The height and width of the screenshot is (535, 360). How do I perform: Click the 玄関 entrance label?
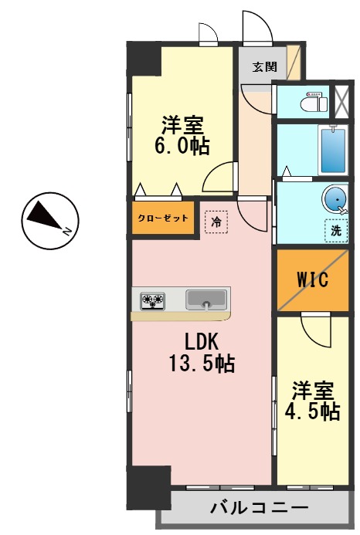(264, 66)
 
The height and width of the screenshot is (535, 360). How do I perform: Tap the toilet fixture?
(313, 101)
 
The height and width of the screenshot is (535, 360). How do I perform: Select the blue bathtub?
(332, 150)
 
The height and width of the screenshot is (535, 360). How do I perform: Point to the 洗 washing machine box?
(336, 230)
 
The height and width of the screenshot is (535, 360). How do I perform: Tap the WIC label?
(313, 280)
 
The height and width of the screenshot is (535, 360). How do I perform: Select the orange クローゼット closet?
(163, 218)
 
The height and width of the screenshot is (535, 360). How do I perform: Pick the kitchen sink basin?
(206, 299)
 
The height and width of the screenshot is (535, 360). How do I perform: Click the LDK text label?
(202, 341)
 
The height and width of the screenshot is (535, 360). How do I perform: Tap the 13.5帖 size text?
(202, 364)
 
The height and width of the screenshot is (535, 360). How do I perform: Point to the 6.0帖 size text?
(182, 146)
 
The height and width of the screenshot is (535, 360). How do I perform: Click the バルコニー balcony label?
(258, 509)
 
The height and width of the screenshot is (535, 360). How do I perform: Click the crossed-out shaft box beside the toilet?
(341, 98)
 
